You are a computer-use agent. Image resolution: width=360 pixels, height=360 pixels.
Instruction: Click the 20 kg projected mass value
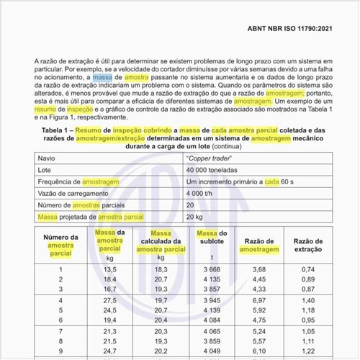point(194,217)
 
